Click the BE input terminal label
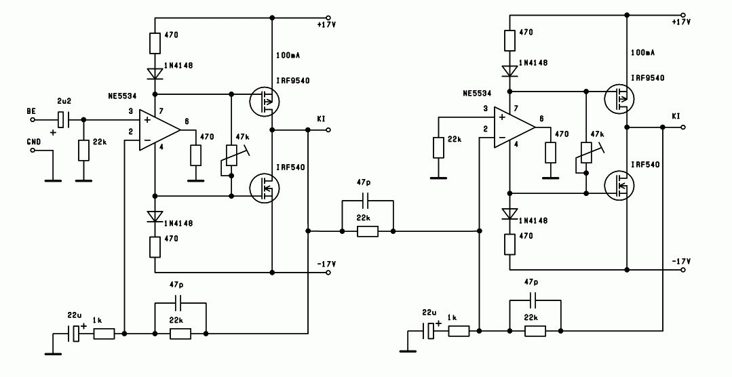pyautogui.click(x=31, y=111)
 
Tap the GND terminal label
pyautogui.click(x=34, y=142)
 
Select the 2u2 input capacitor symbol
pyautogui.click(x=62, y=120)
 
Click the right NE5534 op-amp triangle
pyautogui.click(x=514, y=128)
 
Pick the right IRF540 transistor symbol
pyautogui.click(x=619, y=186)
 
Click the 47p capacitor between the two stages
pyautogui.click(x=368, y=201)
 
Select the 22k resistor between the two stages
pyautogui.click(x=368, y=231)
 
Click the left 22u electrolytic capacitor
pyautogui.click(x=75, y=334)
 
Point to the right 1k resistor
pyautogui.click(x=459, y=331)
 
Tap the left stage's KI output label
pyautogui.click(x=321, y=119)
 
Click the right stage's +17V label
pyautogui.click(x=680, y=22)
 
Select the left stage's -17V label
pyautogui.click(x=326, y=264)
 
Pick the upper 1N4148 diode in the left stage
pyautogui.click(x=155, y=73)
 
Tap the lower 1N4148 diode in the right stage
pyautogui.click(x=509, y=214)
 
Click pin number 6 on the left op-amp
pyautogui.click(x=187, y=121)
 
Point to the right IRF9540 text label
pyautogui.click(x=648, y=78)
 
